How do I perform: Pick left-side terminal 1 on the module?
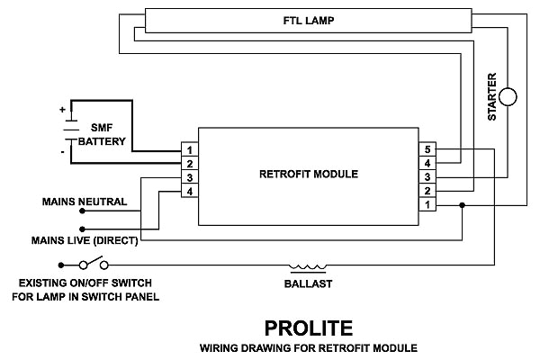190,148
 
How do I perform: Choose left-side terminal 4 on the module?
190,192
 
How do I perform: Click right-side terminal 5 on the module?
428,148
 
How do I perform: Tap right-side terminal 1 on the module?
428,206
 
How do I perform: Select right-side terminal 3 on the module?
428,177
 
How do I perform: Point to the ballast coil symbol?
305,266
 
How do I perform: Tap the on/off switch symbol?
94,265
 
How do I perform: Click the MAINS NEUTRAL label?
85,201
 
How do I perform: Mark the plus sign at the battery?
62,110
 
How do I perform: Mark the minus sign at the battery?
62,152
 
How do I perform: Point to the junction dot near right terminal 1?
462,206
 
